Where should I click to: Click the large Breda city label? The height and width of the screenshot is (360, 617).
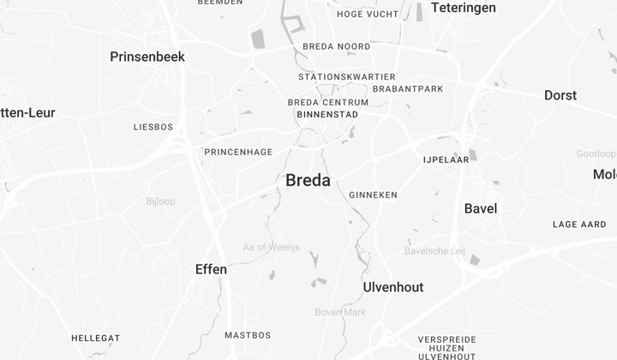(x=308, y=180)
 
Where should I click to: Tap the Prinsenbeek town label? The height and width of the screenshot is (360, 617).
(x=147, y=57)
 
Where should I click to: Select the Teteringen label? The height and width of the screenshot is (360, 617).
(x=463, y=8)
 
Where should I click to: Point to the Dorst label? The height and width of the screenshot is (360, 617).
(x=560, y=95)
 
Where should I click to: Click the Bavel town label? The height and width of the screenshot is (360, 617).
(x=481, y=208)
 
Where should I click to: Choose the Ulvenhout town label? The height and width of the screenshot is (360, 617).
(x=393, y=287)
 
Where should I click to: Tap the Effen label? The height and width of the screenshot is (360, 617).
(x=211, y=269)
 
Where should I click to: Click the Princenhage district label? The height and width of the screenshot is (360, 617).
(x=238, y=152)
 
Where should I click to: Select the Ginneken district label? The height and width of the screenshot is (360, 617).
(x=374, y=195)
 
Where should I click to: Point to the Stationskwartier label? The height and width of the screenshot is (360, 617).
(x=347, y=77)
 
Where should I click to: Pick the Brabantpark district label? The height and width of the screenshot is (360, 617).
(x=408, y=88)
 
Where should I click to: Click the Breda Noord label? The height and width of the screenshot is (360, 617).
(x=337, y=46)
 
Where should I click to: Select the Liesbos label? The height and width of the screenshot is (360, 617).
(x=153, y=127)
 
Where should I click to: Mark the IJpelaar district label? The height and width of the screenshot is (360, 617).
(x=445, y=159)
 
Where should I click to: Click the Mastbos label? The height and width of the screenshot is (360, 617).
(x=248, y=335)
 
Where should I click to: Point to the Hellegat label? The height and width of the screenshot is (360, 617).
(x=95, y=338)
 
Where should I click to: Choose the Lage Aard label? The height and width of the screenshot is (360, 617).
(x=579, y=225)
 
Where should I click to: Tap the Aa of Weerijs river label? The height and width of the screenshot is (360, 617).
(x=271, y=248)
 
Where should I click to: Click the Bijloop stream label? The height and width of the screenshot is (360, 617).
(x=160, y=201)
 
